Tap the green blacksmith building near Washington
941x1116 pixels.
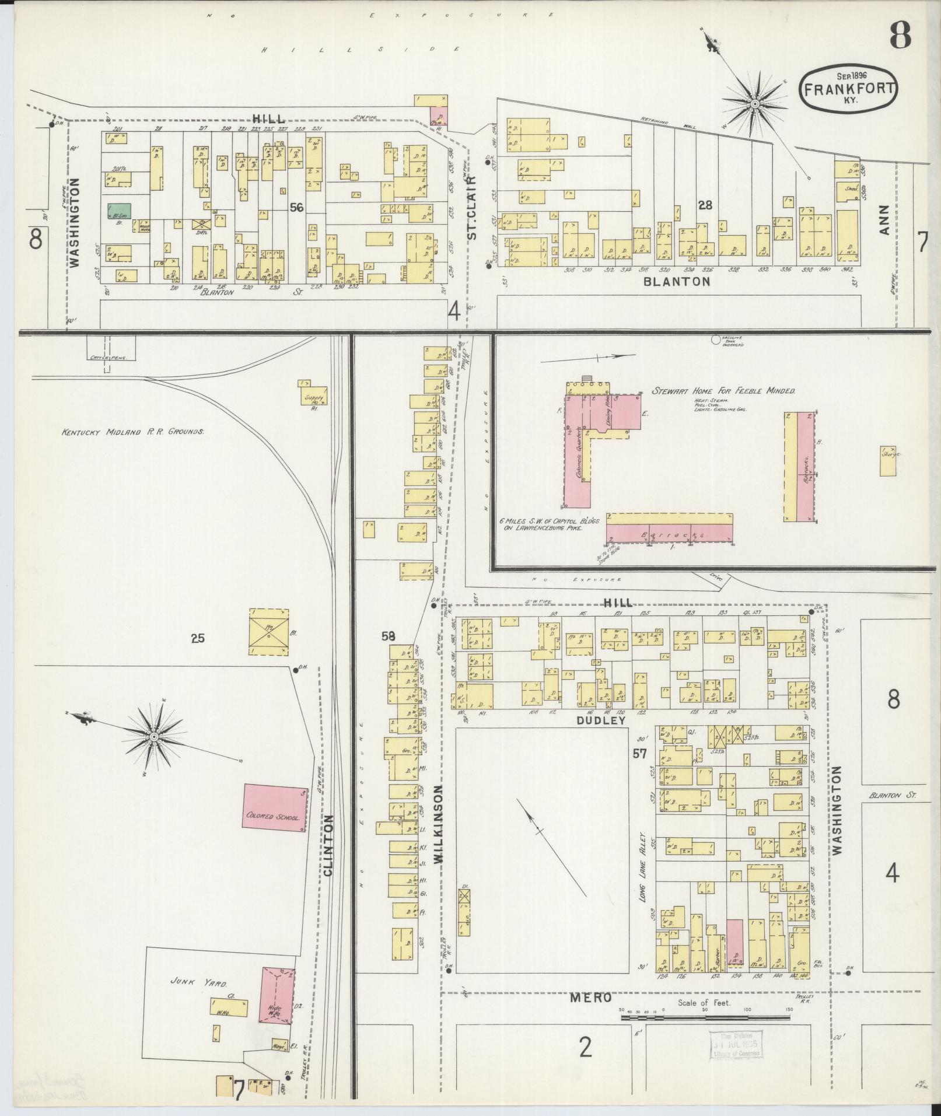point(120,211)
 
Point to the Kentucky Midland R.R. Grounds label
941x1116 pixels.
point(132,432)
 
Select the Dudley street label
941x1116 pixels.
point(601,720)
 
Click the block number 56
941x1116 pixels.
point(298,207)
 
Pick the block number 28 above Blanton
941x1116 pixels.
point(705,205)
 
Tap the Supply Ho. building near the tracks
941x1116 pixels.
point(313,394)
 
